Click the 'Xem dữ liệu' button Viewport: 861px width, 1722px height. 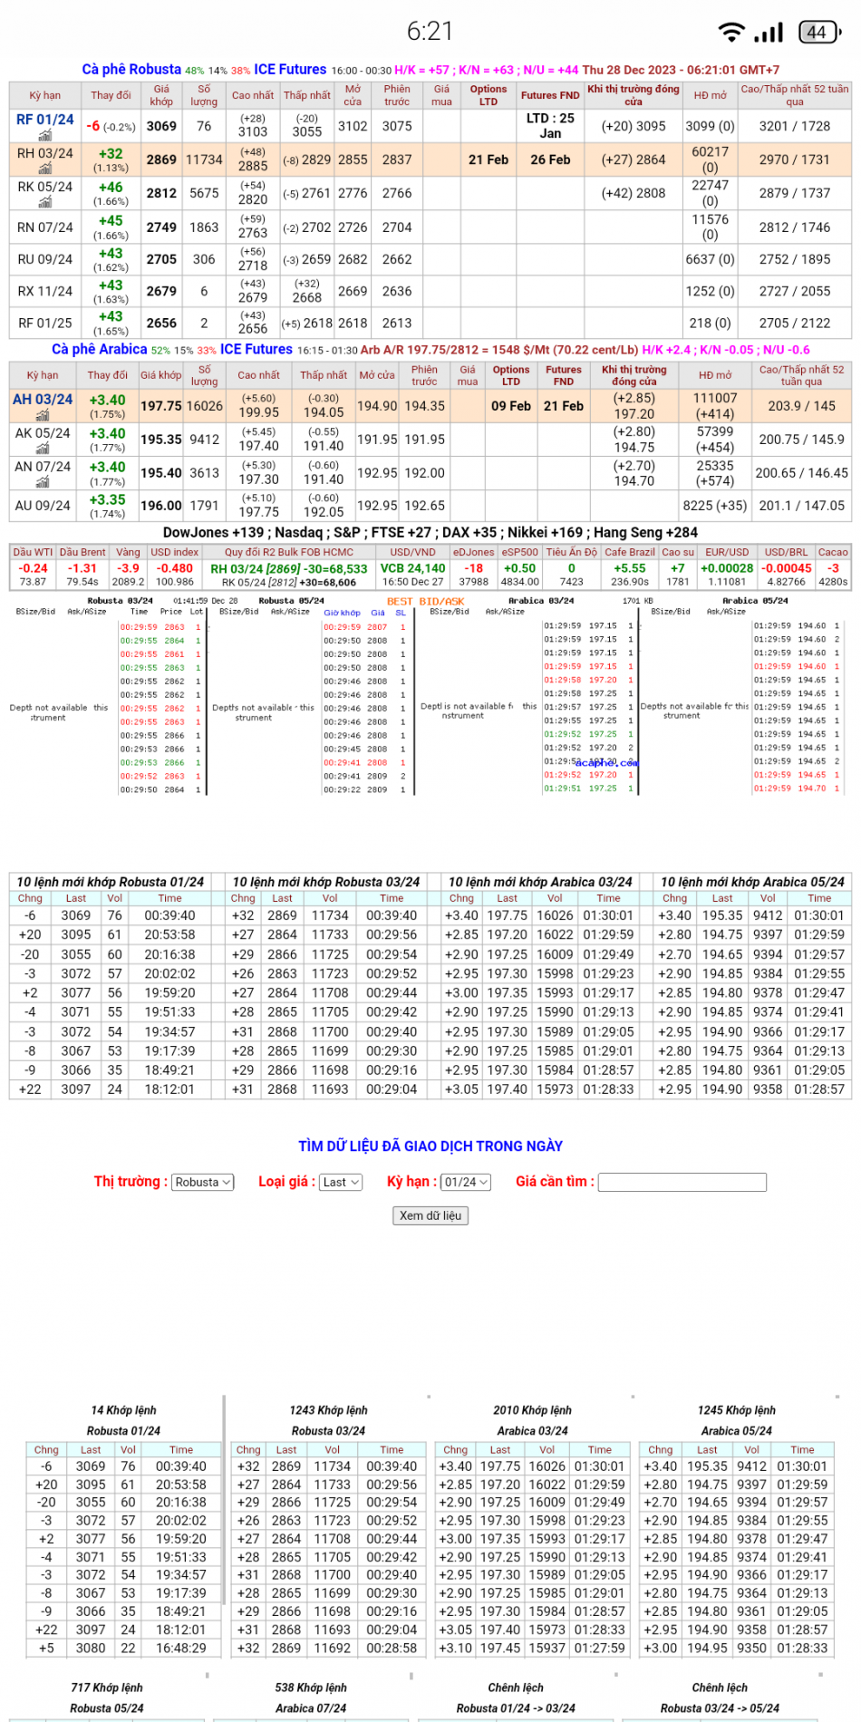tap(430, 1215)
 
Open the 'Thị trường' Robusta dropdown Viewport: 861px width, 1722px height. tap(203, 1182)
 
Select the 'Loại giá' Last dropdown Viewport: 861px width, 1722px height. tap(342, 1182)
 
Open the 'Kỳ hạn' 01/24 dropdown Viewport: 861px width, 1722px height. tap(466, 1182)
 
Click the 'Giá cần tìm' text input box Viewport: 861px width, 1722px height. tap(682, 1182)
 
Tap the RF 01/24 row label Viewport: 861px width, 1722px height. tap(45, 120)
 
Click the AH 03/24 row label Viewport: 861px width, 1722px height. tap(43, 399)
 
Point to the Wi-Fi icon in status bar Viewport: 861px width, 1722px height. tap(730, 33)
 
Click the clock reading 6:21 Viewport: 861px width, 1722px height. tap(430, 32)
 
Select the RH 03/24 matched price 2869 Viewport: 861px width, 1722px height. tap(161, 160)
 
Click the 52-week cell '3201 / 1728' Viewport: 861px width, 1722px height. tap(794, 126)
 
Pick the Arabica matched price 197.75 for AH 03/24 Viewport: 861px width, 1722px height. tap(160, 406)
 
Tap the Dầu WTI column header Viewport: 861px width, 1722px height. tap(33, 552)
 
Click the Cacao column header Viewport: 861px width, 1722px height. tap(833, 552)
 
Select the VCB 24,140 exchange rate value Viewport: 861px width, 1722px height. tap(412, 568)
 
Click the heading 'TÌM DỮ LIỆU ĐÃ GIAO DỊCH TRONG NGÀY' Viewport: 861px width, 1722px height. tap(430, 1146)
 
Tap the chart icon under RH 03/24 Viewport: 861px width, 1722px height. tap(45, 169)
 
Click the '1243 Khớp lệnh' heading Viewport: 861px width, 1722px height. tap(328, 1410)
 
